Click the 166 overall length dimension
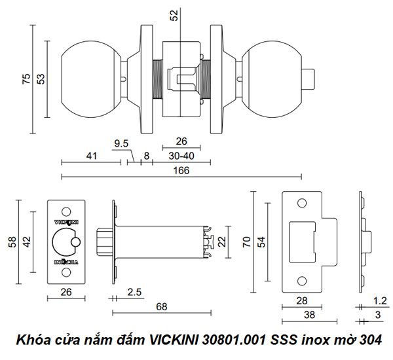pyautogui.click(x=181, y=171)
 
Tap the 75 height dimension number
pyautogui.click(x=26, y=79)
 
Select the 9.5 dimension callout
pyautogui.click(x=121, y=144)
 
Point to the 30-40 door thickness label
pyautogui.click(x=181, y=156)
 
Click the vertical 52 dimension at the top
pyautogui.click(x=174, y=15)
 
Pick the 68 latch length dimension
pyautogui.click(x=161, y=306)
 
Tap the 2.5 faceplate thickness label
pyautogui.click(x=134, y=292)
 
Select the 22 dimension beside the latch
pyautogui.click(x=222, y=242)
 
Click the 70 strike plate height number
pyautogui.click(x=247, y=242)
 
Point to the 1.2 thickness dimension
pyautogui.click(x=380, y=301)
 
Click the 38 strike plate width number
pyautogui.click(x=310, y=315)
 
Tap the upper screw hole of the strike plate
pyautogui.click(x=302, y=203)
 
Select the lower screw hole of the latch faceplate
pyautogui.click(x=66, y=272)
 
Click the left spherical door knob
pyautogui.click(x=91, y=79)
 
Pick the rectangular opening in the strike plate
pyautogui.click(x=302, y=242)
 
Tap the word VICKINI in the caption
pyautogui.click(x=174, y=340)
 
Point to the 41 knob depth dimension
pyautogui.click(x=92, y=156)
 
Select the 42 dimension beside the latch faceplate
pyautogui.click(x=27, y=242)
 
